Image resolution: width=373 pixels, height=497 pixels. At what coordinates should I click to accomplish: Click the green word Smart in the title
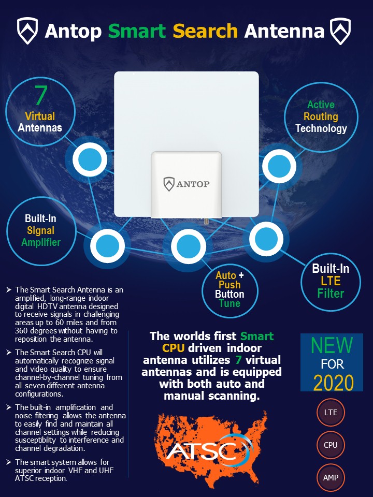pos(137,31)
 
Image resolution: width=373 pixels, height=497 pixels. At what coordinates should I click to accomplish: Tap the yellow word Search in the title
pos(205,31)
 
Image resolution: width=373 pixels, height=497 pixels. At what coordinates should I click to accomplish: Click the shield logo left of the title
pos(27,31)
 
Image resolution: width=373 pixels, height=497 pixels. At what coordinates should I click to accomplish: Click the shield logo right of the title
pos(340,31)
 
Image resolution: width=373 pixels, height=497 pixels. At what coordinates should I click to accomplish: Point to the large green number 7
pos(41,95)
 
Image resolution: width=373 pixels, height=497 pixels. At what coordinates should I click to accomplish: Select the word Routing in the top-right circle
pos(321,116)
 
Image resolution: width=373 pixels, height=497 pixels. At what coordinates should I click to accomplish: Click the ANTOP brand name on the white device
pos(193,184)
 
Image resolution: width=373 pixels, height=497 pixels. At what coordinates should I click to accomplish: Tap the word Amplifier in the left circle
pos(41,242)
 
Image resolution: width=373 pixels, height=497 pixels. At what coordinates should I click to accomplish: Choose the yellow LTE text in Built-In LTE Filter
pos(331,281)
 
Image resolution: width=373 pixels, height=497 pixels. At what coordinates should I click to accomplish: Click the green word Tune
pos(229,304)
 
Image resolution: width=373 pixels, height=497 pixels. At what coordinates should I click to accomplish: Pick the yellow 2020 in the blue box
pos(333,383)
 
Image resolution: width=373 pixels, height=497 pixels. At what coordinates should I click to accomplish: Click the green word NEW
pos(332,345)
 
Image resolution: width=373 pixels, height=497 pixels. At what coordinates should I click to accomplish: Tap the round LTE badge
pos(331,413)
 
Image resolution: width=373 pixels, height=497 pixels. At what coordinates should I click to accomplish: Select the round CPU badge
pos(331,445)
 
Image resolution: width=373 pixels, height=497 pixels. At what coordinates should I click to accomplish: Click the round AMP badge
pos(331,477)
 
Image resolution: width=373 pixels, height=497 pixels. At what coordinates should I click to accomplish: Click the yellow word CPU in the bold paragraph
pos(173,348)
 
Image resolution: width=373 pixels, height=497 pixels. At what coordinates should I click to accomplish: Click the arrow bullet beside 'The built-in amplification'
pos(9,407)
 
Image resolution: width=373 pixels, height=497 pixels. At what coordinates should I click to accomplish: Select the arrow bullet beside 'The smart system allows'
pos(9,462)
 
